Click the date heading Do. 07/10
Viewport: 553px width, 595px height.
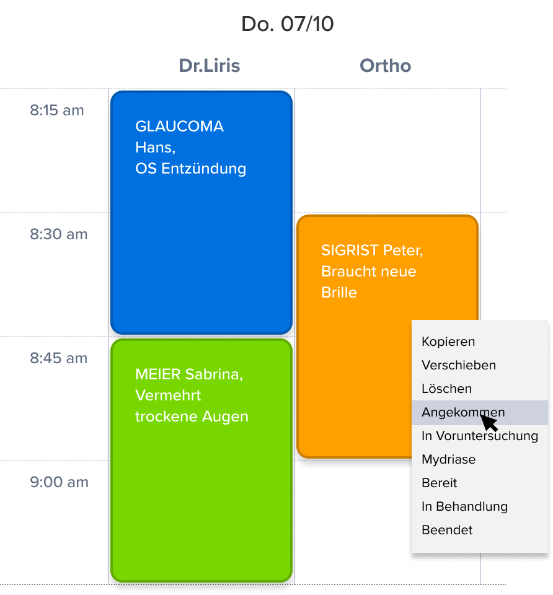[287, 25]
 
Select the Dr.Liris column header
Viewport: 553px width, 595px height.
[209, 66]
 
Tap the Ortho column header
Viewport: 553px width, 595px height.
[385, 66]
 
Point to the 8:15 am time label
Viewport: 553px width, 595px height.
[57, 111]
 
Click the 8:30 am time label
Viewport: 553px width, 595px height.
[59, 235]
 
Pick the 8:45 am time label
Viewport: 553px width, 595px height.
[59, 359]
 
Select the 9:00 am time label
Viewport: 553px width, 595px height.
[59, 483]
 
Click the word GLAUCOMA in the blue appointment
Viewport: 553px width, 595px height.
[179, 127]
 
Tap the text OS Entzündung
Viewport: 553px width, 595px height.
[190, 169]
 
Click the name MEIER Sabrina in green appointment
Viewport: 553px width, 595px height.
[188, 375]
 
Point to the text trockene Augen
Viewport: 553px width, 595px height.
[192, 417]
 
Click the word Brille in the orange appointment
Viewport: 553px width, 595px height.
[338, 293]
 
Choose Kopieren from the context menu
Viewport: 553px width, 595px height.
[448, 342]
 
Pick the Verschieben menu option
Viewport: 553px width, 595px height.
[458, 365]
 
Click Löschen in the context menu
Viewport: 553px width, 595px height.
[446, 389]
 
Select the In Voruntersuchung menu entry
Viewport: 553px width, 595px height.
[479, 436]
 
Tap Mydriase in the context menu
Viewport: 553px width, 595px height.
[448, 459]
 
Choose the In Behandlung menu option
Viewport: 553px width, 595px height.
[464, 506]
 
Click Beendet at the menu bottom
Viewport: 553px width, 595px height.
[446, 530]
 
